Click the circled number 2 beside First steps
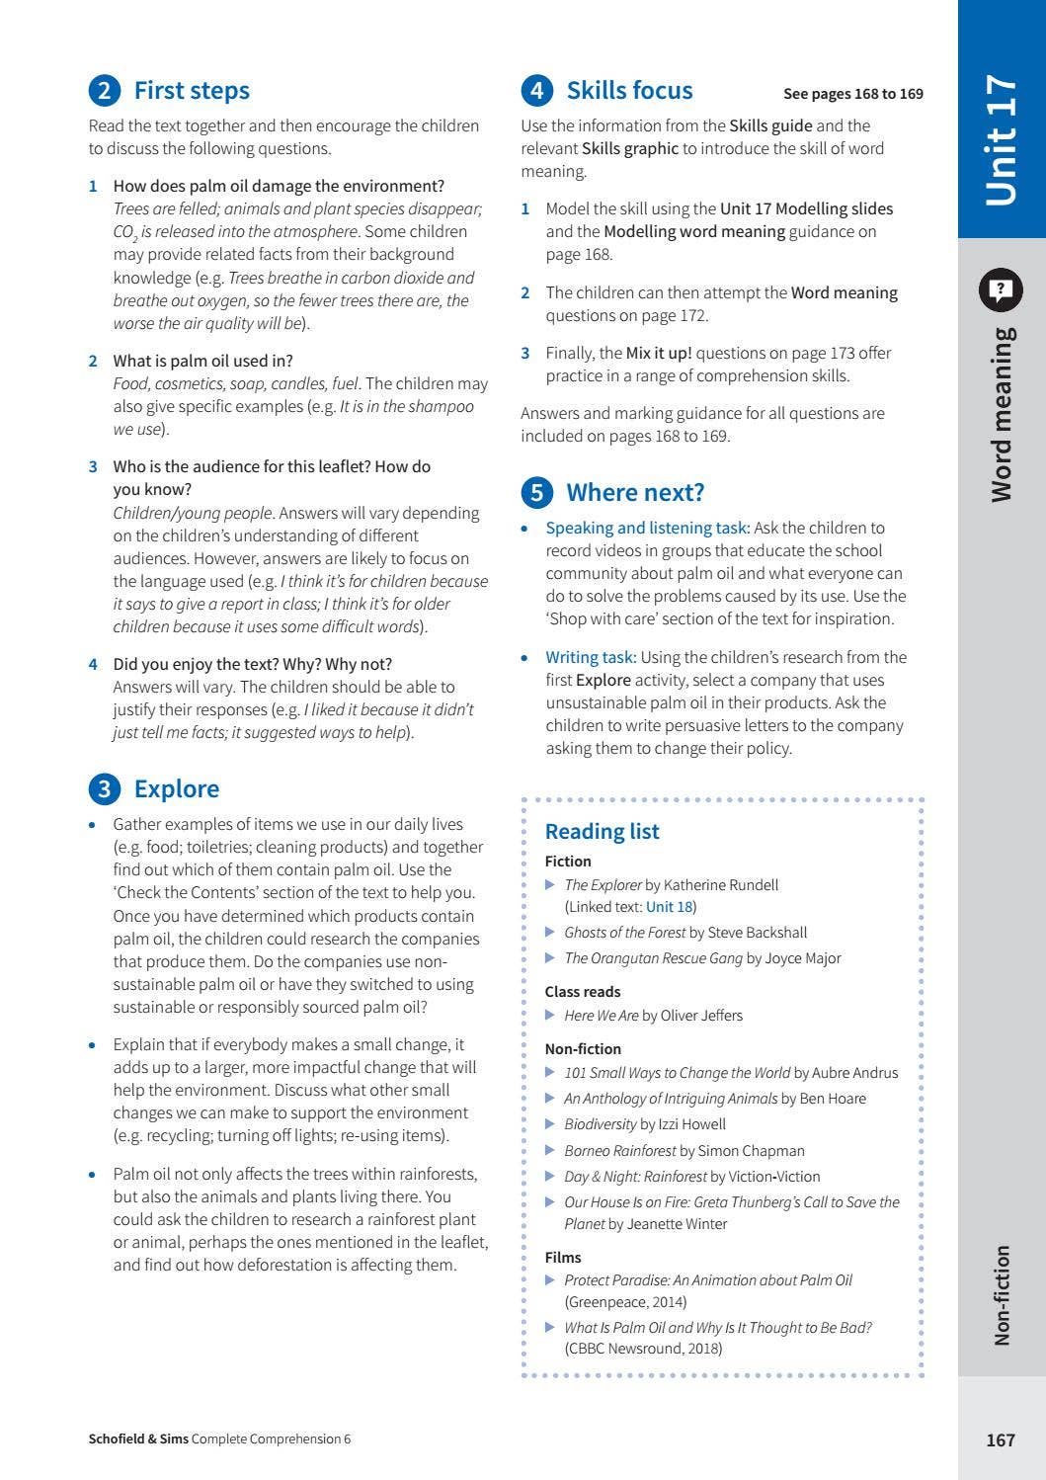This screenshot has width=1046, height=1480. point(104,91)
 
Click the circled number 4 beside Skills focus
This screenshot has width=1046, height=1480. point(536,91)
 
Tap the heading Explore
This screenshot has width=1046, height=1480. point(177,788)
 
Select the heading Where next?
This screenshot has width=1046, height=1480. point(635,492)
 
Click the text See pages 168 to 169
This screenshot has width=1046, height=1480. point(852,94)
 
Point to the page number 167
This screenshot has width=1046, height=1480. point(1001,1439)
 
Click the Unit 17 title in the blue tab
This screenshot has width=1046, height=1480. point(1001,139)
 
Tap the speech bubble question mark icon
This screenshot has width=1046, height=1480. point(1001,289)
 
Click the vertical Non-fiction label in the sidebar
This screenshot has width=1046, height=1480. point(1002,1294)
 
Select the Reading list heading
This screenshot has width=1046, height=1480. point(602,832)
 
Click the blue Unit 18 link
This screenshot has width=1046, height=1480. point(670,907)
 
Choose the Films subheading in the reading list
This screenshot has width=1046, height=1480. point(563,1258)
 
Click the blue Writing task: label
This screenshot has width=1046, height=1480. point(591,657)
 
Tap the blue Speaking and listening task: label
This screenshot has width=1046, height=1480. point(647,528)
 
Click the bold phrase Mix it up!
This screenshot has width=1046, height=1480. point(659,353)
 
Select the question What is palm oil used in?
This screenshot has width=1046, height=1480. point(202,361)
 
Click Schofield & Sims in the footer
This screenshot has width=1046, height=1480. point(138,1439)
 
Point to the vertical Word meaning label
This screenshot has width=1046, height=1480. point(1002,414)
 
